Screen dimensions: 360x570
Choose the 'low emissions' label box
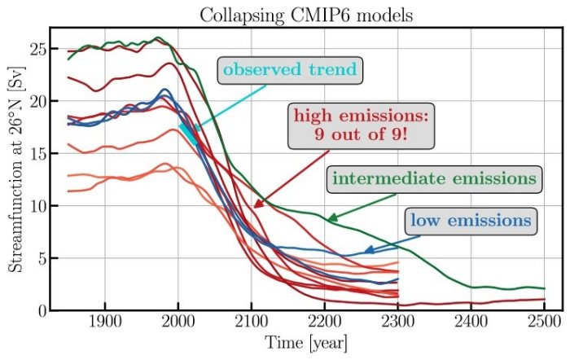[x=471, y=220]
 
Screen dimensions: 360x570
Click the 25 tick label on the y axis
[x=35, y=49]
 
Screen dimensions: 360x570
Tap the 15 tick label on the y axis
[x=35, y=153]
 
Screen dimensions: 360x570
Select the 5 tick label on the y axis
[x=39, y=258]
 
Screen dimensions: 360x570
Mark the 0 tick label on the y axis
[x=39, y=310]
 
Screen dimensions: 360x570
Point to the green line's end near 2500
[x=544, y=288]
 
